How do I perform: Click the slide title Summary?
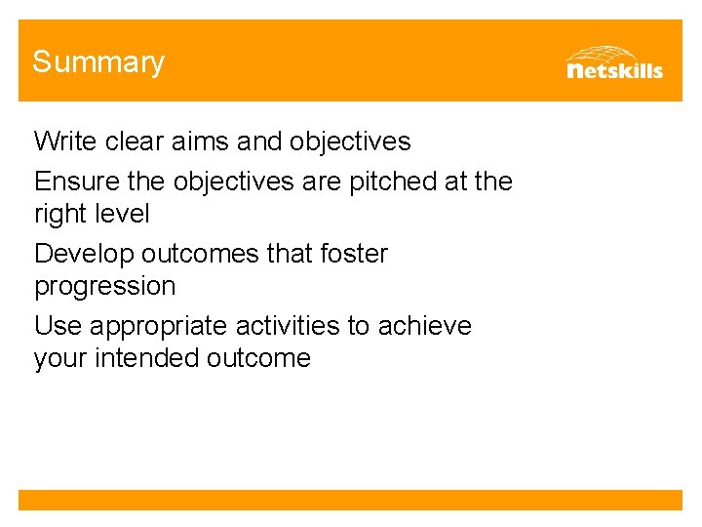click(98, 62)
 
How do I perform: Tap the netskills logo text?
click(614, 70)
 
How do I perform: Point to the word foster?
click(351, 254)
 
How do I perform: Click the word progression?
click(105, 287)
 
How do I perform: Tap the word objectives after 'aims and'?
click(350, 142)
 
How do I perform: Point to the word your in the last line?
click(60, 359)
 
